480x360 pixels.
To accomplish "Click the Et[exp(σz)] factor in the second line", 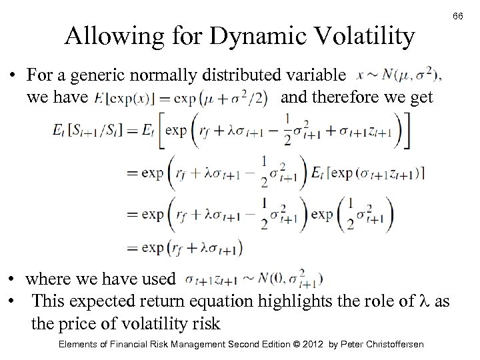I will point(367,174).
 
